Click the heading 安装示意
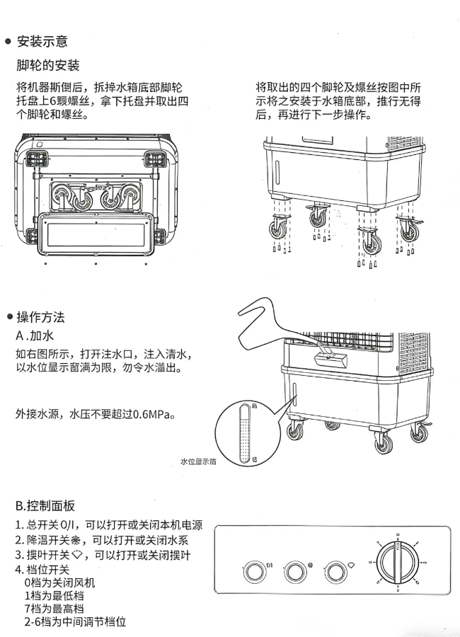coord(42,42)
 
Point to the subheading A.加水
coord(35,335)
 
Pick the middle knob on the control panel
coord(295,570)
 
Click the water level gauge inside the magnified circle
coord(244,433)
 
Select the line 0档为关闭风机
coord(59,583)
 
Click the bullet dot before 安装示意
coord(8,42)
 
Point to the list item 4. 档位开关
coord(42,570)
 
